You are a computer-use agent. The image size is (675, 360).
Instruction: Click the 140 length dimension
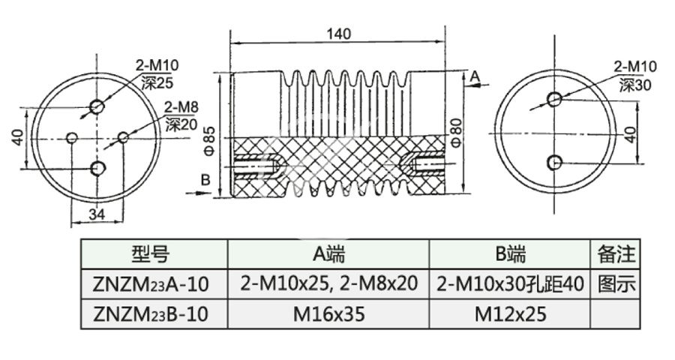pos(339,34)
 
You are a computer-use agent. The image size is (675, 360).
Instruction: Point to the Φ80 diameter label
pos(457,132)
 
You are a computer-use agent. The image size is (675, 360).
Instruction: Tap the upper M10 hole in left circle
pos(97,106)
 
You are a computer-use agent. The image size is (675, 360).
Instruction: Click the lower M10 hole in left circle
pos(97,167)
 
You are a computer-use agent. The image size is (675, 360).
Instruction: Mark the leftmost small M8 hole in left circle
pos(72,138)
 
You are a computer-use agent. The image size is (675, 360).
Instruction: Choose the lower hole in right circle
pos(554,162)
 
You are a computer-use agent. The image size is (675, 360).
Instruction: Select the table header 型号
pos(154,255)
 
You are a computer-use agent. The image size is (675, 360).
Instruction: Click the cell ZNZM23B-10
pos(154,313)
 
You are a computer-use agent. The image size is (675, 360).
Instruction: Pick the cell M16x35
pos(328,313)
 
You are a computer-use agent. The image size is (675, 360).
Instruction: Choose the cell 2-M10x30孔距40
pos(510,284)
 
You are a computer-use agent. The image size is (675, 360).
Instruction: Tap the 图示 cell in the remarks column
pos(616,284)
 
